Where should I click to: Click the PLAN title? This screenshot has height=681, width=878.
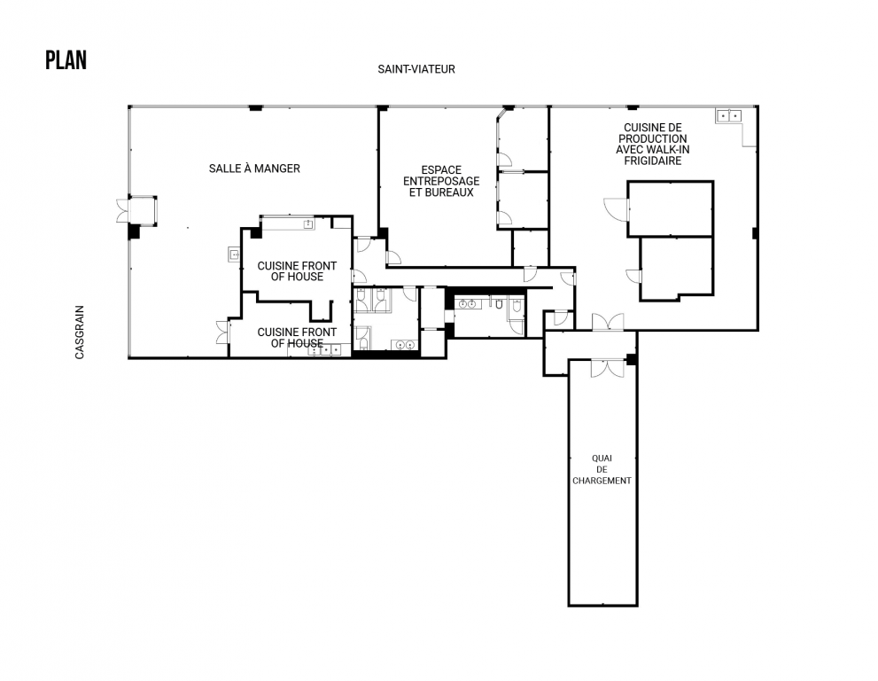tap(66, 60)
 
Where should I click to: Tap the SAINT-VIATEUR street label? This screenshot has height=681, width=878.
tap(416, 69)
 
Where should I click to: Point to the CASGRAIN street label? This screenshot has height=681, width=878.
tap(80, 332)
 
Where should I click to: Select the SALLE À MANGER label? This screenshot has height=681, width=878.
tap(254, 168)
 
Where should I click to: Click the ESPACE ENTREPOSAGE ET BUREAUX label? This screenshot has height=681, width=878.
tap(441, 181)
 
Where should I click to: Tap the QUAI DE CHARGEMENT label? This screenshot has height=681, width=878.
tap(602, 469)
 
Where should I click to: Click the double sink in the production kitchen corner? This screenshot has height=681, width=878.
tap(728, 116)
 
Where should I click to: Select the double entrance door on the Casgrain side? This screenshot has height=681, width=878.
tap(122, 210)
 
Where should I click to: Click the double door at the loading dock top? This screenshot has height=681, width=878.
tap(607, 368)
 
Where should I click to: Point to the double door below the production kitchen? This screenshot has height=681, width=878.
tap(608, 322)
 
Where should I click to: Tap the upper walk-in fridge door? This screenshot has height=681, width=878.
tap(617, 209)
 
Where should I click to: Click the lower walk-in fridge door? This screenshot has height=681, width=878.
tap(633, 277)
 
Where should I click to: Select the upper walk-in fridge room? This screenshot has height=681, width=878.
tap(671, 208)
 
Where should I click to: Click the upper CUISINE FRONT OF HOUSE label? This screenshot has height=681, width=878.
tap(297, 270)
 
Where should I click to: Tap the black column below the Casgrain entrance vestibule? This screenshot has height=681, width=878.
tap(134, 231)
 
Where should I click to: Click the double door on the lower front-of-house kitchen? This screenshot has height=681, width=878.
tap(223, 332)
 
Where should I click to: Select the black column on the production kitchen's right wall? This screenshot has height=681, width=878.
tap(755, 233)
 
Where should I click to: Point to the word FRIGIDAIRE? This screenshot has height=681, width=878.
tap(652, 160)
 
